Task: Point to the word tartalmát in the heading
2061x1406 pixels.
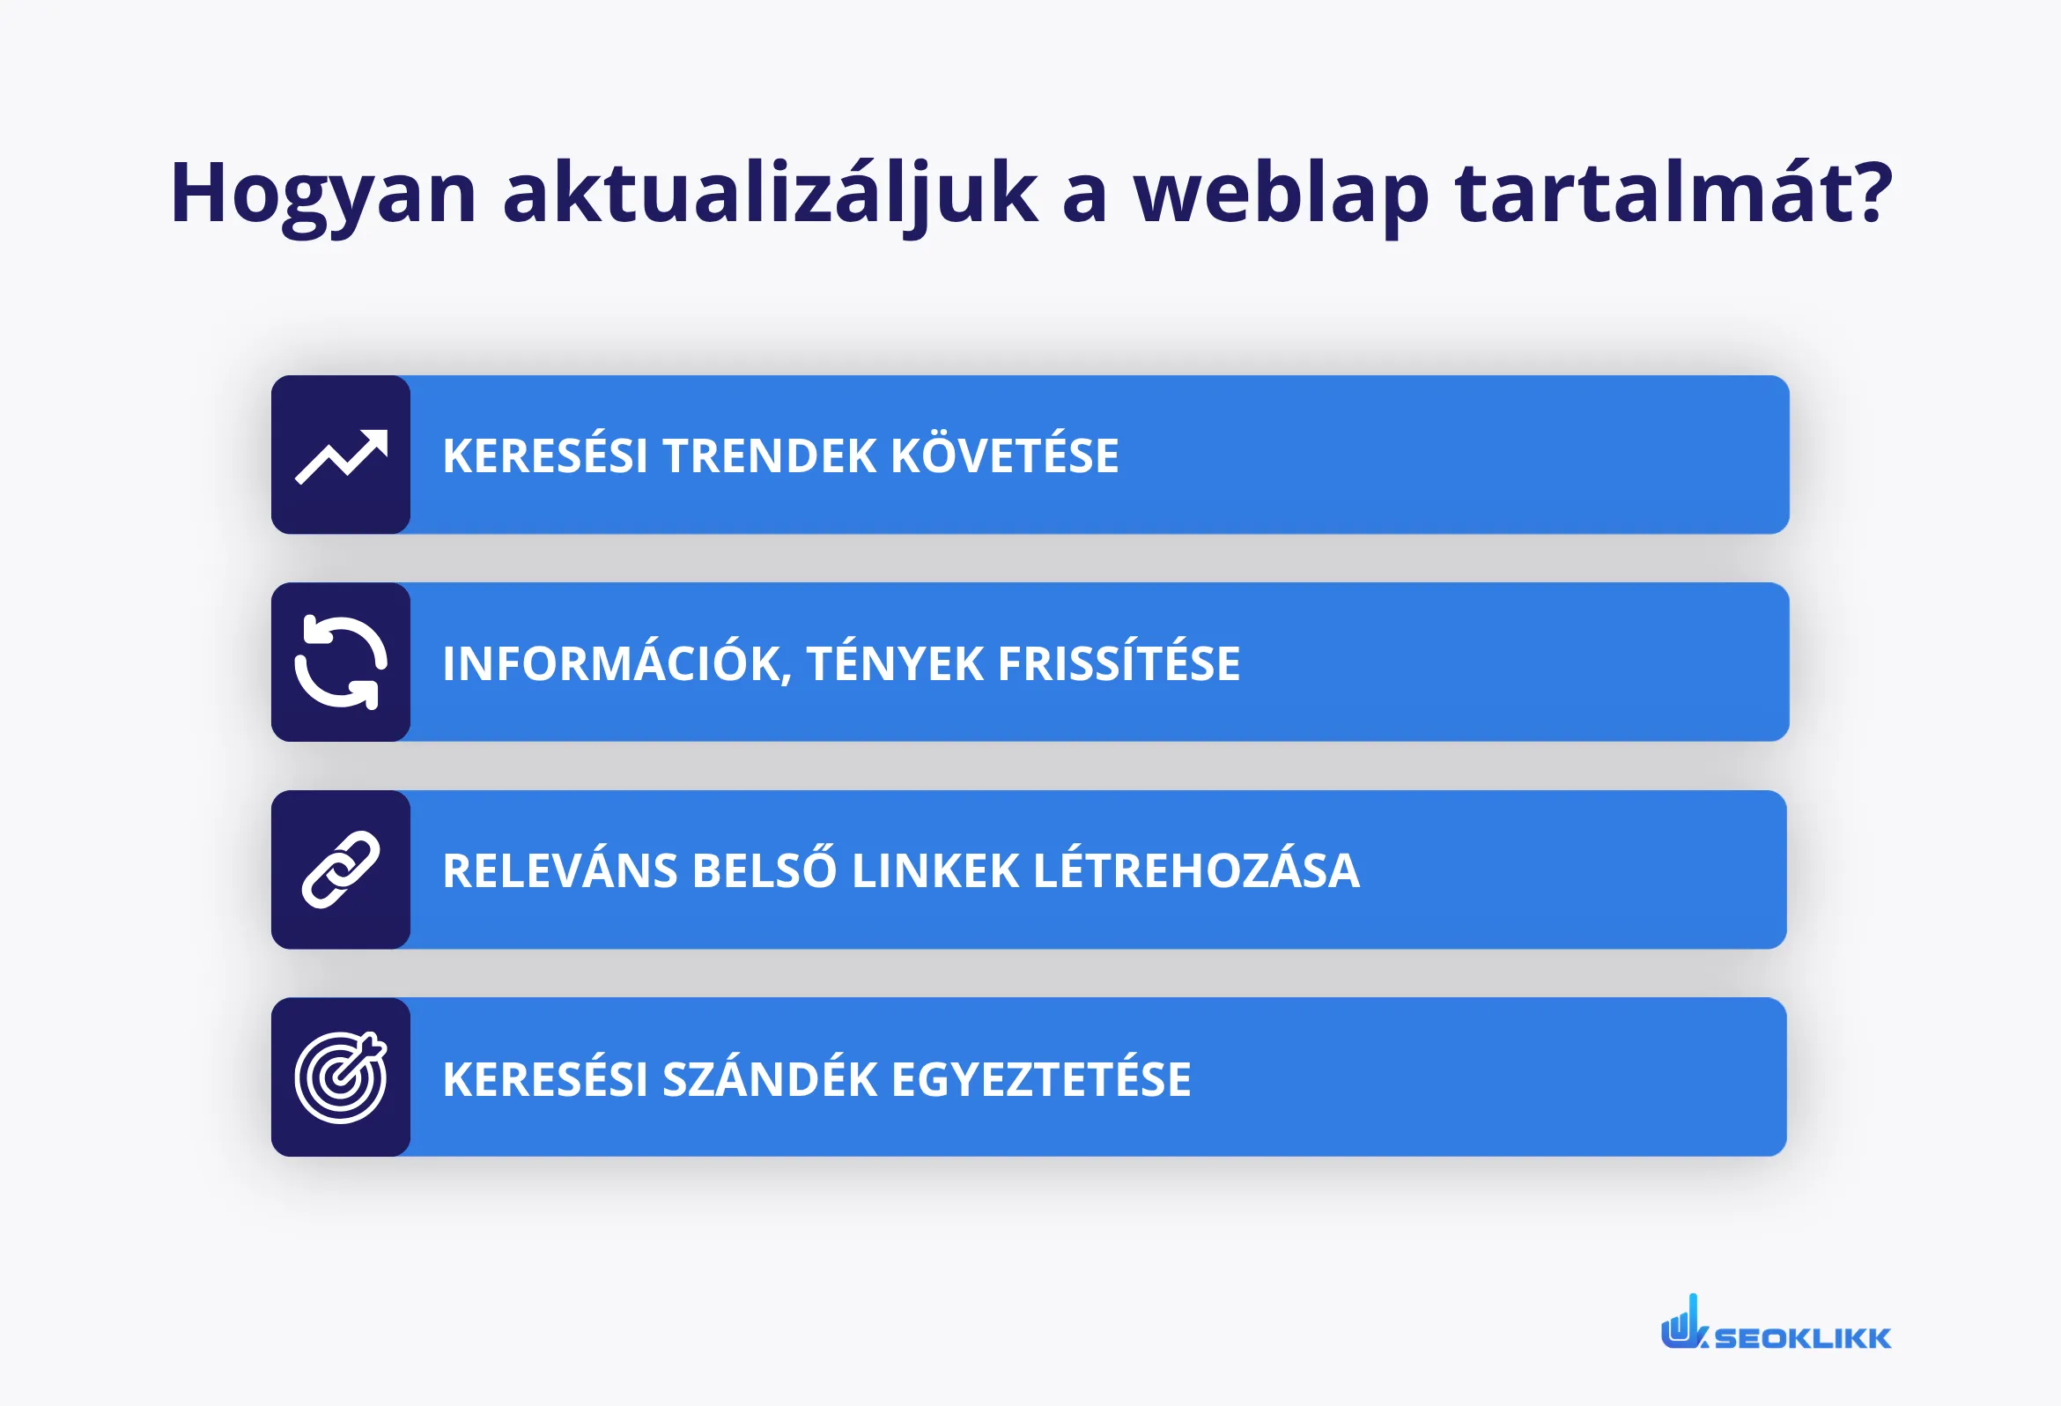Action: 1673,194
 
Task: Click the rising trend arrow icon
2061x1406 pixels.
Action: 342,456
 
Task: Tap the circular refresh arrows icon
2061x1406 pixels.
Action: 342,662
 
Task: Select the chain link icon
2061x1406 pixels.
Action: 342,870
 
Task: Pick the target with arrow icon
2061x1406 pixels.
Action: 342,1077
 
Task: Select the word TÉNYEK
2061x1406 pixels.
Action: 895,662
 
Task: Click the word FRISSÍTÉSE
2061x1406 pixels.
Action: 1119,662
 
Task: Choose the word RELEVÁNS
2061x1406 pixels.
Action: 559,870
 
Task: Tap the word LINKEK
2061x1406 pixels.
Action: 934,871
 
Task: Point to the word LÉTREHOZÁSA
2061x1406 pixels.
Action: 1196,869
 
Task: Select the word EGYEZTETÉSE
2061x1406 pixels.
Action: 1041,1078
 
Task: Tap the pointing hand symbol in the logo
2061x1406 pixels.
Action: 1681,1323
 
